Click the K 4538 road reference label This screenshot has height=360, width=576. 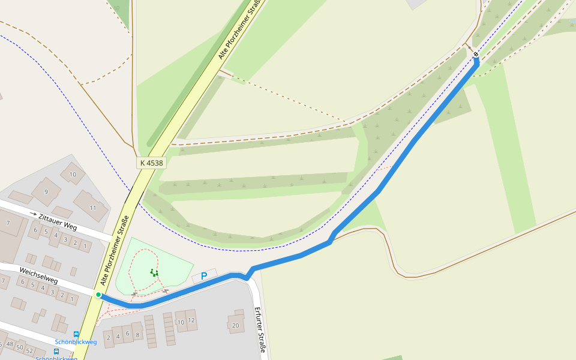(151, 163)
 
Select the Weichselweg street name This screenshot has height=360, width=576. (38, 276)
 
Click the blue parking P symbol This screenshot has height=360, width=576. (204, 277)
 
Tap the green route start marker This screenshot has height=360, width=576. (98, 295)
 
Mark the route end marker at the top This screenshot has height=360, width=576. (476, 55)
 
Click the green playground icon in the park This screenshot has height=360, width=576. (154, 273)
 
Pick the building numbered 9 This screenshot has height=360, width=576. (46, 192)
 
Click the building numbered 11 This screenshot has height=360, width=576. (92, 208)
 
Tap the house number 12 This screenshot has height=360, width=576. (191, 320)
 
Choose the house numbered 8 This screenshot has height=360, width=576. (137, 334)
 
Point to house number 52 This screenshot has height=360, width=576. (29, 350)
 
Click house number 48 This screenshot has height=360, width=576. (10, 344)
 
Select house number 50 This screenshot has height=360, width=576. (20, 347)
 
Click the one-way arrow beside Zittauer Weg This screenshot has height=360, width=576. (34, 214)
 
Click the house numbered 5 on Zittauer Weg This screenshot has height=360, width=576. (46, 232)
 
